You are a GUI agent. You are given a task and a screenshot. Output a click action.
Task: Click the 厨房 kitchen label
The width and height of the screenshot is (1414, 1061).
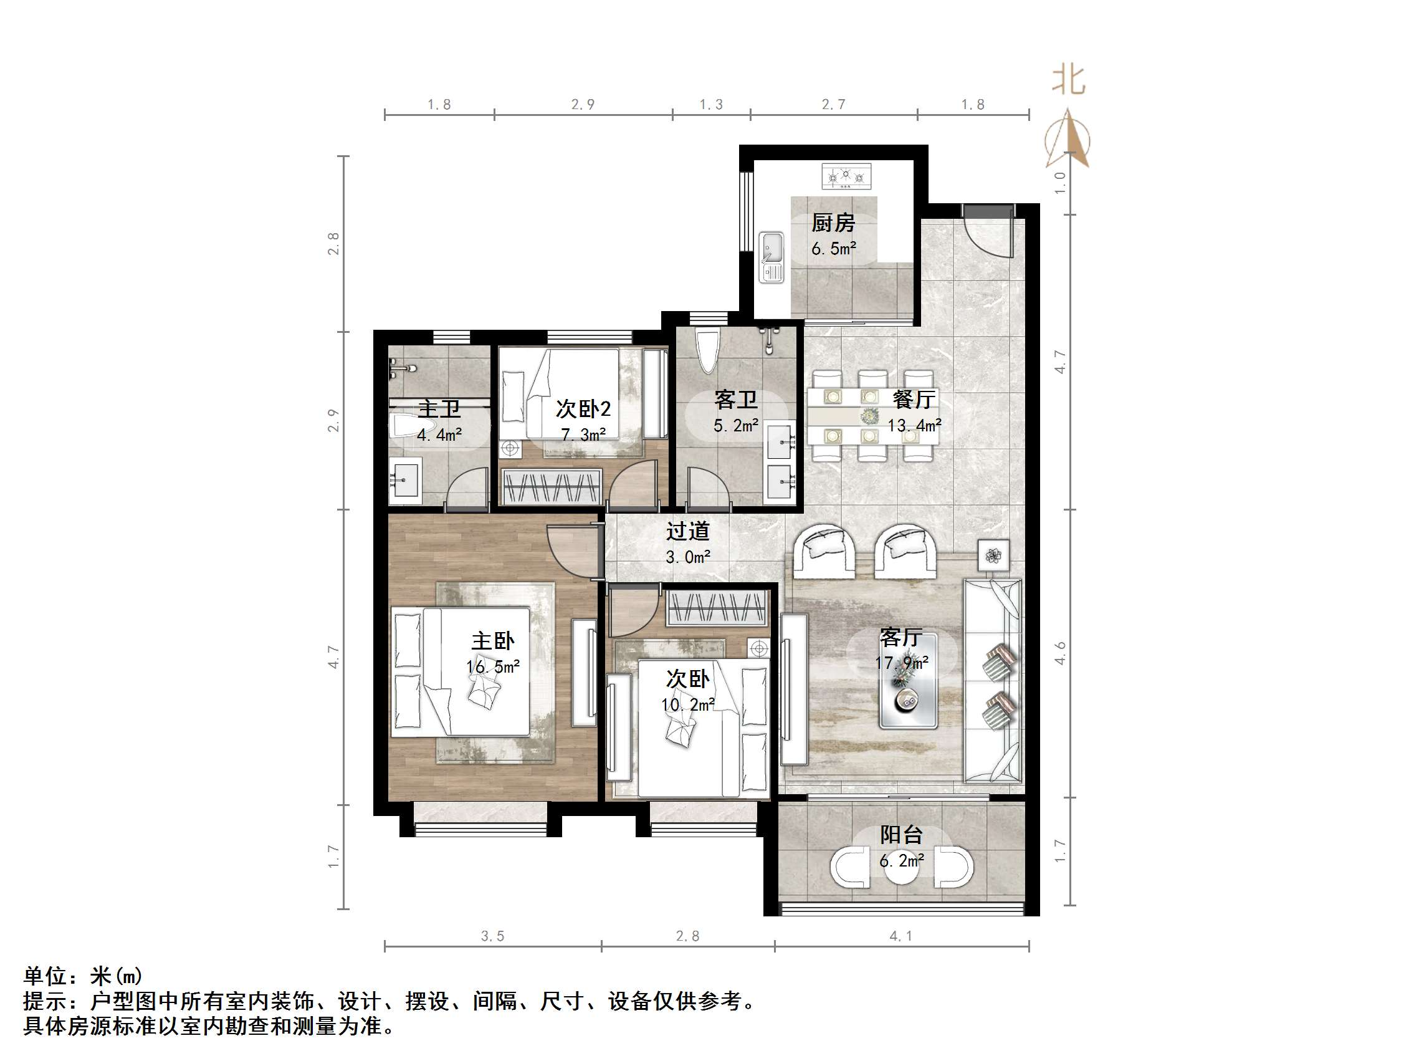(x=833, y=223)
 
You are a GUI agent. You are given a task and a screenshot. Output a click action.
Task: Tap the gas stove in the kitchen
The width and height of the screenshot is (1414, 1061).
(x=846, y=176)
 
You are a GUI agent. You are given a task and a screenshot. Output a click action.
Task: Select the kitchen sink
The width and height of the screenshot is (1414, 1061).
(x=771, y=256)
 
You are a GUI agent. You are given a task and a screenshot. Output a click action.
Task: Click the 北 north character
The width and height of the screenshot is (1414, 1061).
(x=1068, y=80)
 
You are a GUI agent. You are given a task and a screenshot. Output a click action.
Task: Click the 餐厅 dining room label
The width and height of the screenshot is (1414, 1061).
(x=914, y=400)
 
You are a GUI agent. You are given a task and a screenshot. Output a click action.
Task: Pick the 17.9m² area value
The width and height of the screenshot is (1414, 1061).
(x=901, y=663)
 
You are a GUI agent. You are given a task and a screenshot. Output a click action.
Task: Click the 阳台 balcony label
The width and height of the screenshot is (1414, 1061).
(x=900, y=835)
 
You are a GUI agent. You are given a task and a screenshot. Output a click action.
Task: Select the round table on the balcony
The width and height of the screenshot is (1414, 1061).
(x=901, y=867)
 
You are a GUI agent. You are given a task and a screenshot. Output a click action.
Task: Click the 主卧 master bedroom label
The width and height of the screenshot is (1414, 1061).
(x=492, y=641)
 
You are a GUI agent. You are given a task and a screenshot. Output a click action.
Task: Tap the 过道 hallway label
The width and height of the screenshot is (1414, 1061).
(x=687, y=531)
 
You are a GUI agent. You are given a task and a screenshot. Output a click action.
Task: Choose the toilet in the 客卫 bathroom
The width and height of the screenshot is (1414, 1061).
(x=707, y=351)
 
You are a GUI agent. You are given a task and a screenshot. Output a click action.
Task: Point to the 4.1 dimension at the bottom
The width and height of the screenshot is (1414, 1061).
(x=900, y=936)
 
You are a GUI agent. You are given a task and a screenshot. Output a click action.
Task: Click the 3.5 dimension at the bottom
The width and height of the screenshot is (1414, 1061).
(x=492, y=936)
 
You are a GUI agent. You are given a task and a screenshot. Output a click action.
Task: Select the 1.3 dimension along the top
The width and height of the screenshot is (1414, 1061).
(x=711, y=105)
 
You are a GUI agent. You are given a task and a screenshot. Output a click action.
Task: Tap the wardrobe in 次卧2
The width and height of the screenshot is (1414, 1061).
(x=552, y=487)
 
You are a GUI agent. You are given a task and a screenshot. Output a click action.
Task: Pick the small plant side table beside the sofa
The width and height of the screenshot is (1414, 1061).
(x=993, y=555)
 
